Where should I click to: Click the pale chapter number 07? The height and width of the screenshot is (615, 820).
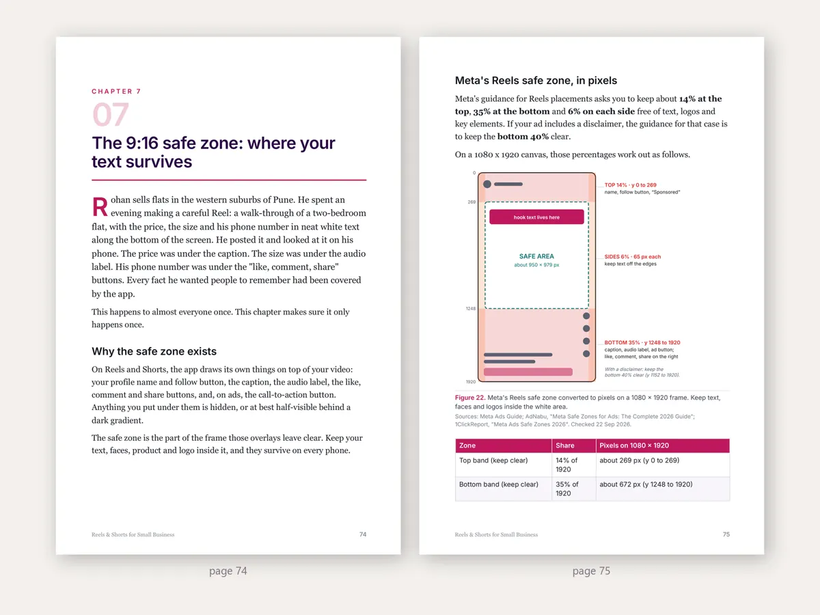coord(111,114)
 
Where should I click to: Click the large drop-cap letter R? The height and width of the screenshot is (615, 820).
coord(100,207)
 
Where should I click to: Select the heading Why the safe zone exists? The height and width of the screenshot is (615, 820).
coord(154,351)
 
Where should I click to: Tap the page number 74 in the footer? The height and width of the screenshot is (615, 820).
coord(363,534)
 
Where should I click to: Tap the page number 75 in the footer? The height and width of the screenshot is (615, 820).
coord(726,534)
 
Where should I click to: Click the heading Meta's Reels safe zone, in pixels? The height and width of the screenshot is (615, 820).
coord(536,81)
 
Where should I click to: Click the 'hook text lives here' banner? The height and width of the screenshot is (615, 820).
coord(536,217)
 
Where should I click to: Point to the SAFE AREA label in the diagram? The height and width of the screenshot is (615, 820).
coord(536,256)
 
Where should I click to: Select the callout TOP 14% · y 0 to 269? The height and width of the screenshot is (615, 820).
coord(630,184)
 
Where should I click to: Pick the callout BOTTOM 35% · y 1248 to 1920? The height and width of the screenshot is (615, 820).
coord(642,342)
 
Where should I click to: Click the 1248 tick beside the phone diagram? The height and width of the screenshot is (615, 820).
coord(471,308)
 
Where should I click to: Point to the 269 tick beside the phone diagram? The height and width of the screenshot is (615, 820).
coord(471,202)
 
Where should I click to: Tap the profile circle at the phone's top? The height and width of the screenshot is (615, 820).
coord(487,184)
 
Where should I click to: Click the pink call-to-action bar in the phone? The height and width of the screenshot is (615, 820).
coord(528,372)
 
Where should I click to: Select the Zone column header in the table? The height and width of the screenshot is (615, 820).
coord(467,446)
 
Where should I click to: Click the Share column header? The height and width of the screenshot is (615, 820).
coord(565,446)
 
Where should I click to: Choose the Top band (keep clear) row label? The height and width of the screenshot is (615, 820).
coord(493,461)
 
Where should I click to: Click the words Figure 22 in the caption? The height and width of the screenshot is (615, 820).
coord(470,398)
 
